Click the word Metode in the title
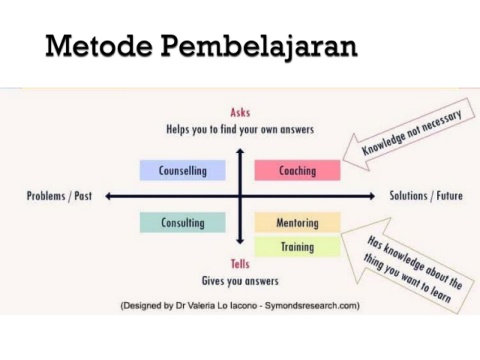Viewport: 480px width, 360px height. tap(99, 45)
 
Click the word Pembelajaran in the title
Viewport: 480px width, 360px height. tap(259, 47)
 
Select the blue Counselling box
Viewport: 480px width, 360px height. tap(183, 170)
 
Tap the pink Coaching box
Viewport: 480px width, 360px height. tap(297, 170)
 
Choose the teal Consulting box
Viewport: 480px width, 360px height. tap(183, 222)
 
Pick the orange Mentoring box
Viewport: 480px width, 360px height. tap(297, 222)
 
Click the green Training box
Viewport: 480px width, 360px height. tap(297, 247)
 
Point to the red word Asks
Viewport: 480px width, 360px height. tap(240, 112)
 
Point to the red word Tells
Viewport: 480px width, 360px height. tap(240, 264)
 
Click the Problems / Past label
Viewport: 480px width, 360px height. tap(59, 196)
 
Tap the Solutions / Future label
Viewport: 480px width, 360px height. tap(426, 195)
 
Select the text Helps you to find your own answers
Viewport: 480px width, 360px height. tap(240, 129)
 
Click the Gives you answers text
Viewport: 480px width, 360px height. tap(240, 281)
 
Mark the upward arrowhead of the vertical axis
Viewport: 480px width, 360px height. tap(240, 151)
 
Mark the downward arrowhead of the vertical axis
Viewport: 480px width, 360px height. tap(240, 241)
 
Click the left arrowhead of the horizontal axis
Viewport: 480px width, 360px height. tap(108, 196)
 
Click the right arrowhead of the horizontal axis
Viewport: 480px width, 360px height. tap(372, 196)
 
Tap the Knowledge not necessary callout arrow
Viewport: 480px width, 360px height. tap(409, 134)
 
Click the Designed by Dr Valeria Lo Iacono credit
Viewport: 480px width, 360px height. tap(240, 306)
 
